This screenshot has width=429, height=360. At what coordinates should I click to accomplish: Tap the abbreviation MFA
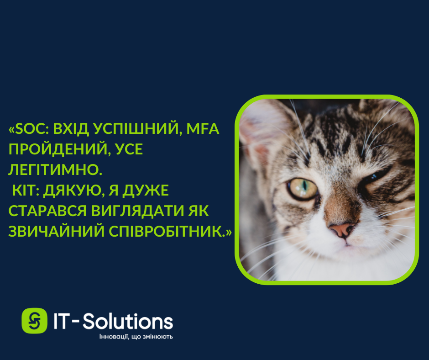203,128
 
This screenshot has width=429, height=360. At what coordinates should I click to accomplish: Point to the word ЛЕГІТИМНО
55,169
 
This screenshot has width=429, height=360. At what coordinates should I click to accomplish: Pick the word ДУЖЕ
145,191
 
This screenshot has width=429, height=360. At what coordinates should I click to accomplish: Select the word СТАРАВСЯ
47,211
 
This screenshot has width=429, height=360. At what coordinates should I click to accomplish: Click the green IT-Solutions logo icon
35,321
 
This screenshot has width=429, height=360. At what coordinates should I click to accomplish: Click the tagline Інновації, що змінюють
136,337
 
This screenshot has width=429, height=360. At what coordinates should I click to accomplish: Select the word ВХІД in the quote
71,128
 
